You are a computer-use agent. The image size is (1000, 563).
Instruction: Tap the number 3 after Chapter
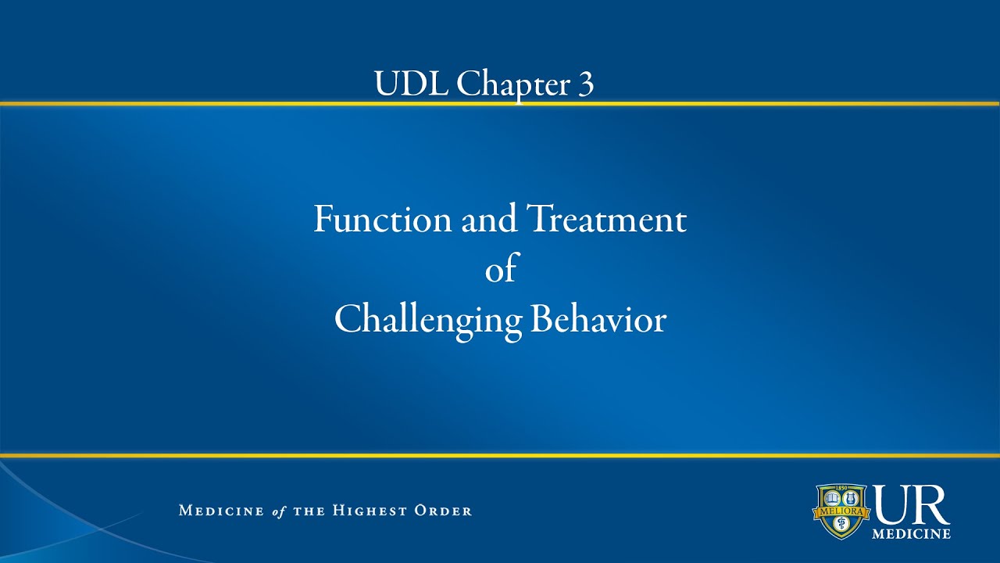point(586,84)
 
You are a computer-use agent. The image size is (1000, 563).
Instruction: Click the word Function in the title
point(382,219)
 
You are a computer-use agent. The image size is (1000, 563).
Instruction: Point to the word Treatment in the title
point(607,219)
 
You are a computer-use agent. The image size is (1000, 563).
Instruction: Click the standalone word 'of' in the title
point(501,270)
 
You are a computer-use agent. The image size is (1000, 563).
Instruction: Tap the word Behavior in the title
point(598,320)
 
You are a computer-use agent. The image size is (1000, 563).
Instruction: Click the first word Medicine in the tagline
point(222,511)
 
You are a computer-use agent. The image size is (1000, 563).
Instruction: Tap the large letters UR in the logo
point(912,505)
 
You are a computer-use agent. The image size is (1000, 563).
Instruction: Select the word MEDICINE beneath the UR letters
point(912,534)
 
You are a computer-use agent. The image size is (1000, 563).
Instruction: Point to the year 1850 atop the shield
point(841,488)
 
